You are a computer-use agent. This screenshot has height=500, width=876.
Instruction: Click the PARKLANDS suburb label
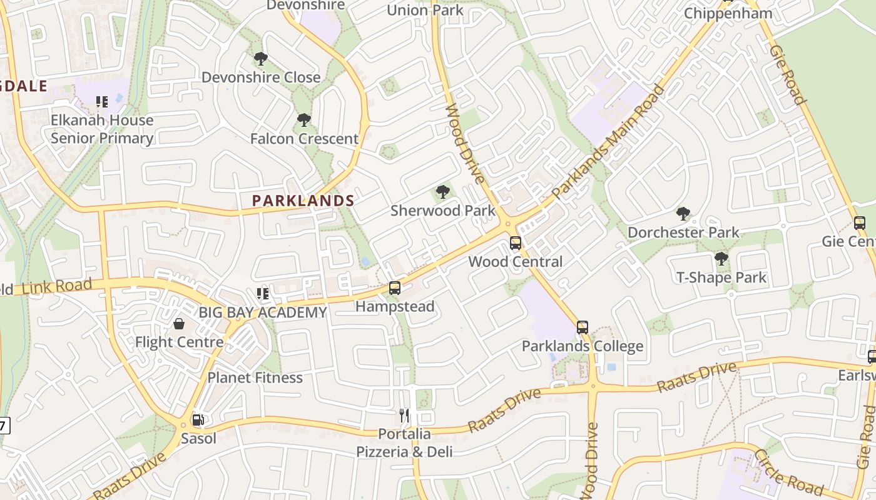[x=303, y=201]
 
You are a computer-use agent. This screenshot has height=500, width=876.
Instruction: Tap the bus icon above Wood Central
[x=516, y=242]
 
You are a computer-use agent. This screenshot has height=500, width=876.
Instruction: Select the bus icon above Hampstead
[x=394, y=287]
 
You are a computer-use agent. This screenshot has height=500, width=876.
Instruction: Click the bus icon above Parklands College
[x=583, y=327]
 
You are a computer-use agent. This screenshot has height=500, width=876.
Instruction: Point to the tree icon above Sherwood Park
[x=443, y=192]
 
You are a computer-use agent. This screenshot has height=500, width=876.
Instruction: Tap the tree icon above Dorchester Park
[x=683, y=214]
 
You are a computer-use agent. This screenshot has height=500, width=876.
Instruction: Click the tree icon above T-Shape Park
[x=721, y=258]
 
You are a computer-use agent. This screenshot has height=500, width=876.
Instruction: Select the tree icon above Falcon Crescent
[x=304, y=119]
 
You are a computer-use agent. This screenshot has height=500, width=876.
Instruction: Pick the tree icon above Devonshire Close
[x=261, y=59]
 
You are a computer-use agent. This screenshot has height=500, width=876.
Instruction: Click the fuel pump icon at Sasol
[x=198, y=420]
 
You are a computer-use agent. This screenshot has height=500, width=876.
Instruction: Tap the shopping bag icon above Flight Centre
[x=179, y=324]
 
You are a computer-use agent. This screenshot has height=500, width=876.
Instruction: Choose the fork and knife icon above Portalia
[x=404, y=415]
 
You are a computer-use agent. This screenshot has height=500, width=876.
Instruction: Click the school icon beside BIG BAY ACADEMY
[x=263, y=293]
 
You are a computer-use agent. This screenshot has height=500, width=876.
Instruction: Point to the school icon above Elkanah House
[x=101, y=101]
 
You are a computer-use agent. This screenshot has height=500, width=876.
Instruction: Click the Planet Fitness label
[x=255, y=377]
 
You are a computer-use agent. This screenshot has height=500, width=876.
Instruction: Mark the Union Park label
[x=425, y=10]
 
